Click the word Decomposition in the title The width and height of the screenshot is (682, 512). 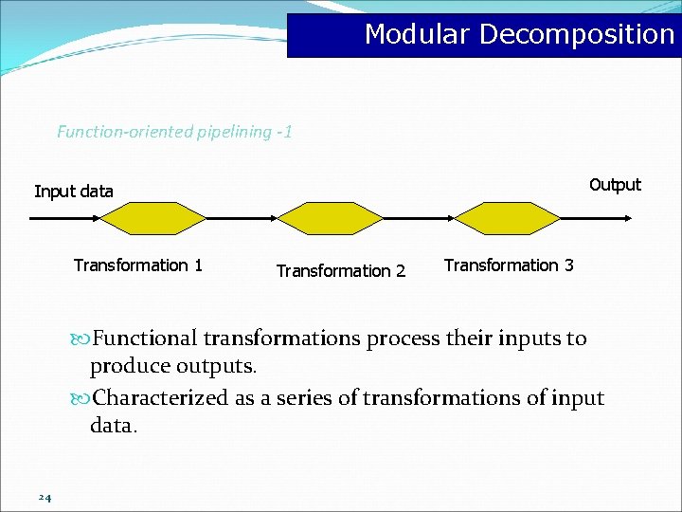pyautogui.click(x=577, y=34)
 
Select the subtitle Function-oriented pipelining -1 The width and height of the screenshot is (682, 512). pyautogui.click(x=174, y=132)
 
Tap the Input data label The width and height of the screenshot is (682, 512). pyautogui.click(x=74, y=192)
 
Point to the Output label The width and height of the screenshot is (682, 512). pyautogui.click(x=615, y=184)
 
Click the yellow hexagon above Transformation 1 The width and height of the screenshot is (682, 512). pyautogui.click(x=153, y=218)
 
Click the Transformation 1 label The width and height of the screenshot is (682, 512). pyautogui.click(x=138, y=265)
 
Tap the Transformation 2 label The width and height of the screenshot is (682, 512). pyautogui.click(x=340, y=271)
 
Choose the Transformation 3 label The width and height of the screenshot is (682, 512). pyautogui.click(x=509, y=265)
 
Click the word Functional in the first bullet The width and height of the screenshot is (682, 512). pyautogui.click(x=144, y=338)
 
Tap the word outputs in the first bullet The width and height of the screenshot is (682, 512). pyautogui.click(x=222, y=366)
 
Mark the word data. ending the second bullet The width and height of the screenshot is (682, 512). pyautogui.click(x=114, y=426)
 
